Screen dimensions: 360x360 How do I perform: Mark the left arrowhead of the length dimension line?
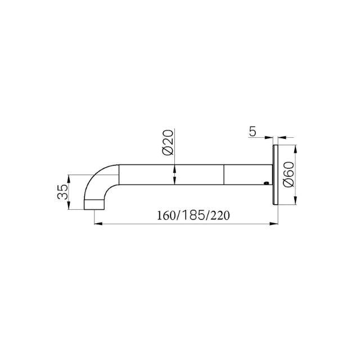click(x=96, y=224)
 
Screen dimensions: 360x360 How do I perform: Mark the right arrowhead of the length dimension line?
click(x=272, y=224)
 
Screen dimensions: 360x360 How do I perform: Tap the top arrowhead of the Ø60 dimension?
click(x=295, y=148)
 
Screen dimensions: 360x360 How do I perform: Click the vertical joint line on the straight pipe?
click(x=224, y=174)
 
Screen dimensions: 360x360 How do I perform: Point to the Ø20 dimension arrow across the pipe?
click(x=175, y=174)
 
